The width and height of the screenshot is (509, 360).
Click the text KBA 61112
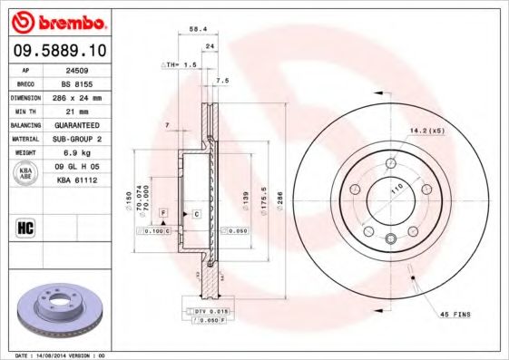point(74,180)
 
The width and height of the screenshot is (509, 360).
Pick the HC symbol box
point(25,225)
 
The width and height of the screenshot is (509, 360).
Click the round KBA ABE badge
point(26,174)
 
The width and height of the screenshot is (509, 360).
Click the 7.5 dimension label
point(221,81)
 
